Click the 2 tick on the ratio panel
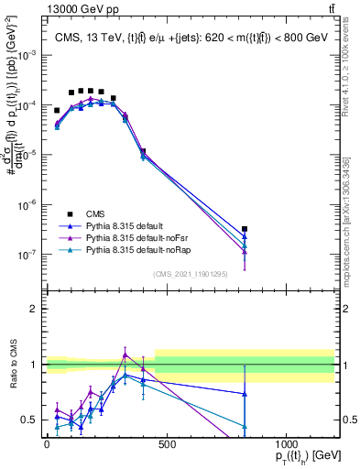(36, 308)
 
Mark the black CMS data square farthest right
(245, 229)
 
